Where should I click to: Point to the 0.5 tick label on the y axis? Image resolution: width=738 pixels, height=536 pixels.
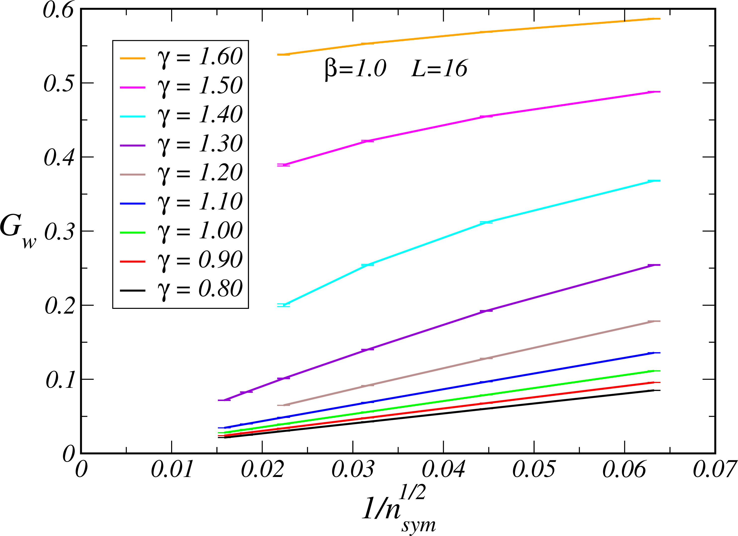(x=59, y=83)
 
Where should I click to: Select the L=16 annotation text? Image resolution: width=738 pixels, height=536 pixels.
(x=439, y=69)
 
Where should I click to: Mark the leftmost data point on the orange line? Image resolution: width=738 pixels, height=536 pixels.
(x=283, y=54)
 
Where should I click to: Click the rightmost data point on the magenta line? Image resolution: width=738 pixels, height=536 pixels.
(x=654, y=92)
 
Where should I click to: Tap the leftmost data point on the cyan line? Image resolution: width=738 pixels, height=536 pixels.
(x=283, y=305)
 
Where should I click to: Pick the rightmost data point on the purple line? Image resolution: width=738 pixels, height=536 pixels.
(x=654, y=265)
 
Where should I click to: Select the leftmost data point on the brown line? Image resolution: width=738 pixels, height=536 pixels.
(x=283, y=405)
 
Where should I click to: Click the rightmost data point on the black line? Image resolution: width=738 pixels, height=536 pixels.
(x=654, y=390)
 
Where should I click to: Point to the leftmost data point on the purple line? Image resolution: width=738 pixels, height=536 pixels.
(x=224, y=400)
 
